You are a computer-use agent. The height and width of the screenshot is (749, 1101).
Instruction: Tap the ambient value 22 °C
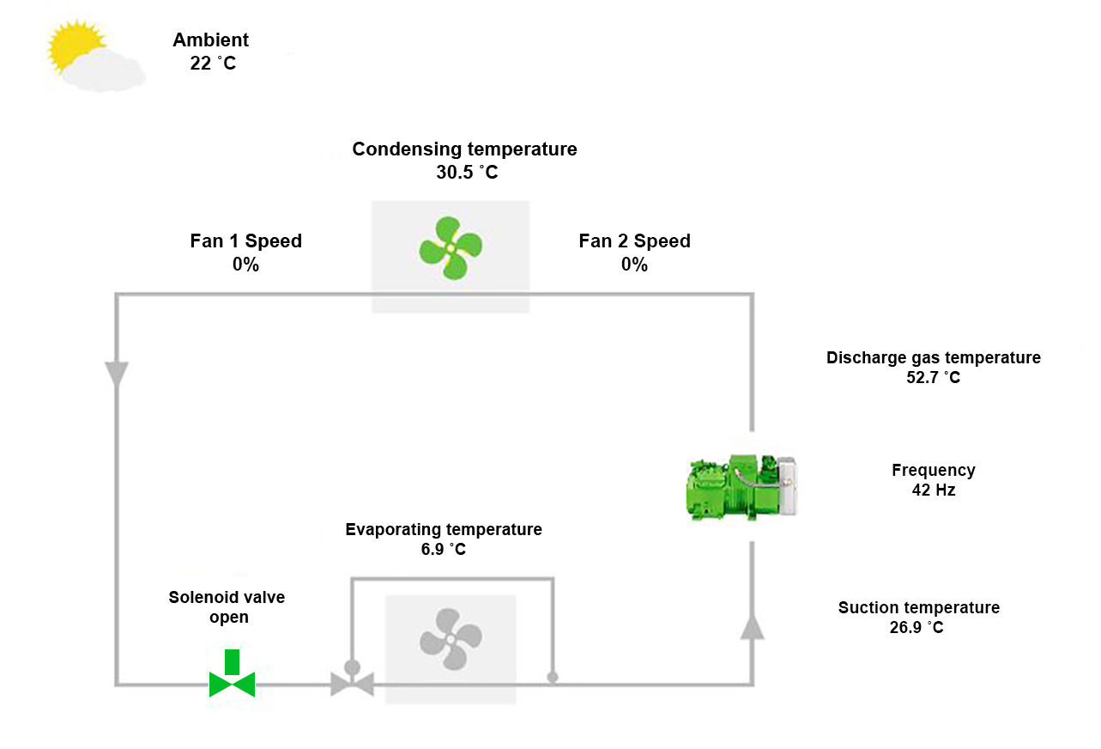pyautogui.click(x=213, y=63)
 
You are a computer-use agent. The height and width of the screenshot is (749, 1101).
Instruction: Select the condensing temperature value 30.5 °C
pyautogui.click(x=466, y=172)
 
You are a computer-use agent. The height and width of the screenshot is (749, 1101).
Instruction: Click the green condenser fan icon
pyautogui.click(x=451, y=248)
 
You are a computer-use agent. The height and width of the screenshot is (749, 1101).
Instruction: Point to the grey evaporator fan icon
pyautogui.click(x=451, y=640)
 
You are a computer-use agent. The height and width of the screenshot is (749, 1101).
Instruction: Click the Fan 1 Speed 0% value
pyautogui.click(x=245, y=265)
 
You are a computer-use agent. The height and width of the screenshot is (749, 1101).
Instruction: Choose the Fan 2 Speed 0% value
pyautogui.click(x=634, y=265)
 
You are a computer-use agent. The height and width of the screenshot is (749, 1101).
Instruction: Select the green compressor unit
pyautogui.click(x=743, y=487)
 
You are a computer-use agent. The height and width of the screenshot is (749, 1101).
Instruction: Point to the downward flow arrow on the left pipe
pyautogui.click(x=116, y=374)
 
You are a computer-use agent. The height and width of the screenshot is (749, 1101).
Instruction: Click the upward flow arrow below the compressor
pyautogui.click(x=753, y=626)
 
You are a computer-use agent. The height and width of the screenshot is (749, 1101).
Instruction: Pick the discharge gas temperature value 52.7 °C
pyautogui.click(x=934, y=377)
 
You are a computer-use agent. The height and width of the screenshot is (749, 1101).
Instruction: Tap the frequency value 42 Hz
pyautogui.click(x=934, y=490)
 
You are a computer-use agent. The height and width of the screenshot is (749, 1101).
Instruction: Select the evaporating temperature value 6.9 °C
pyautogui.click(x=444, y=550)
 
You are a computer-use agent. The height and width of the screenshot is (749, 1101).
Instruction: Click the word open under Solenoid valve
pyautogui.click(x=229, y=617)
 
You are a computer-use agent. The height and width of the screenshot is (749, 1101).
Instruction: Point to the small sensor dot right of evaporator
pyautogui.click(x=553, y=677)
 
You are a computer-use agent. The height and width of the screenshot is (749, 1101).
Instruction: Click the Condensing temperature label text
pyautogui.click(x=464, y=149)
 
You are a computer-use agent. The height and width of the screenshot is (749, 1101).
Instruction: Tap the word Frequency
pyautogui.click(x=934, y=470)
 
